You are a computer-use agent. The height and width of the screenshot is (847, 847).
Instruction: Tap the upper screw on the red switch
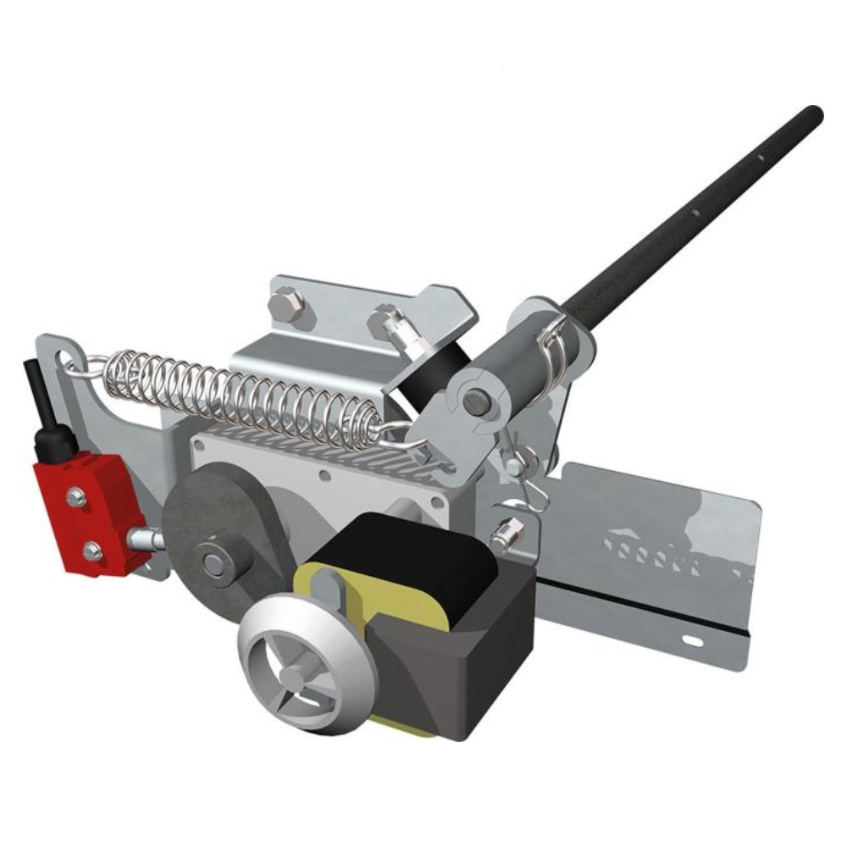coord(76,497)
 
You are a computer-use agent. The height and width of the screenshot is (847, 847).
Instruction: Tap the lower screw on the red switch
coord(91,551)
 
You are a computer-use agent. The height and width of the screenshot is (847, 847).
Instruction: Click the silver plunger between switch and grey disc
coord(144,539)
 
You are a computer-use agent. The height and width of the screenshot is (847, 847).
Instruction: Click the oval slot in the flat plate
coord(692,641)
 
